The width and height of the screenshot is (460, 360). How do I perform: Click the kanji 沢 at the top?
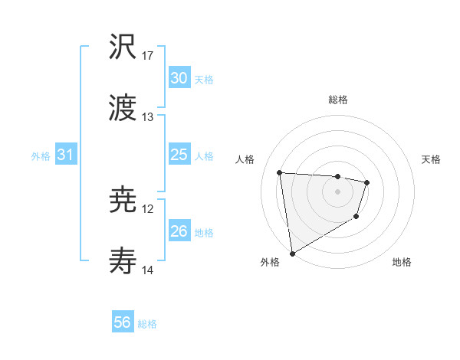tap(123, 49)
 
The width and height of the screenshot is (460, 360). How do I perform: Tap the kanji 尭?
tap(123, 201)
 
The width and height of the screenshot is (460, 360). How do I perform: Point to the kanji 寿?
tap(123, 263)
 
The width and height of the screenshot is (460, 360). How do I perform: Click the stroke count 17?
tap(148, 56)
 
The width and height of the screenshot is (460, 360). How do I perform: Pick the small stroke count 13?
tap(148, 117)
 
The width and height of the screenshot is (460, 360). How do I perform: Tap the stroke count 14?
tap(148, 270)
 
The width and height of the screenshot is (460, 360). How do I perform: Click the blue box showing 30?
tap(179, 78)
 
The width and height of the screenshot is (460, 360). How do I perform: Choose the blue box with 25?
tap(179, 155)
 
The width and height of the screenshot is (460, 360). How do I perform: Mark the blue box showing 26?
tap(179, 231)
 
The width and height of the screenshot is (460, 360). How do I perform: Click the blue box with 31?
tap(65, 155)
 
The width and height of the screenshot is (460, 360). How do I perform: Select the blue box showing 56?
tap(122, 322)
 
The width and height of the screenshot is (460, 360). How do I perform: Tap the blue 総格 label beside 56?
tap(147, 324)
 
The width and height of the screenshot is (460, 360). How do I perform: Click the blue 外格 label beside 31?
tap(41, 156)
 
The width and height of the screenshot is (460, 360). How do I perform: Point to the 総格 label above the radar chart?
tap(337, 100)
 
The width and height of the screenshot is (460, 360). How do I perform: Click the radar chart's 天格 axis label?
tap(432, 159)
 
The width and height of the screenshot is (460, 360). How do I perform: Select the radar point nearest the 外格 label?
tap(292, 253)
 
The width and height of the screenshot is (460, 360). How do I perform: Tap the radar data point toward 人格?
tap(280, 172)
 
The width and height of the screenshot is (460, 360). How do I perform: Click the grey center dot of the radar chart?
tap(337, 191)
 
